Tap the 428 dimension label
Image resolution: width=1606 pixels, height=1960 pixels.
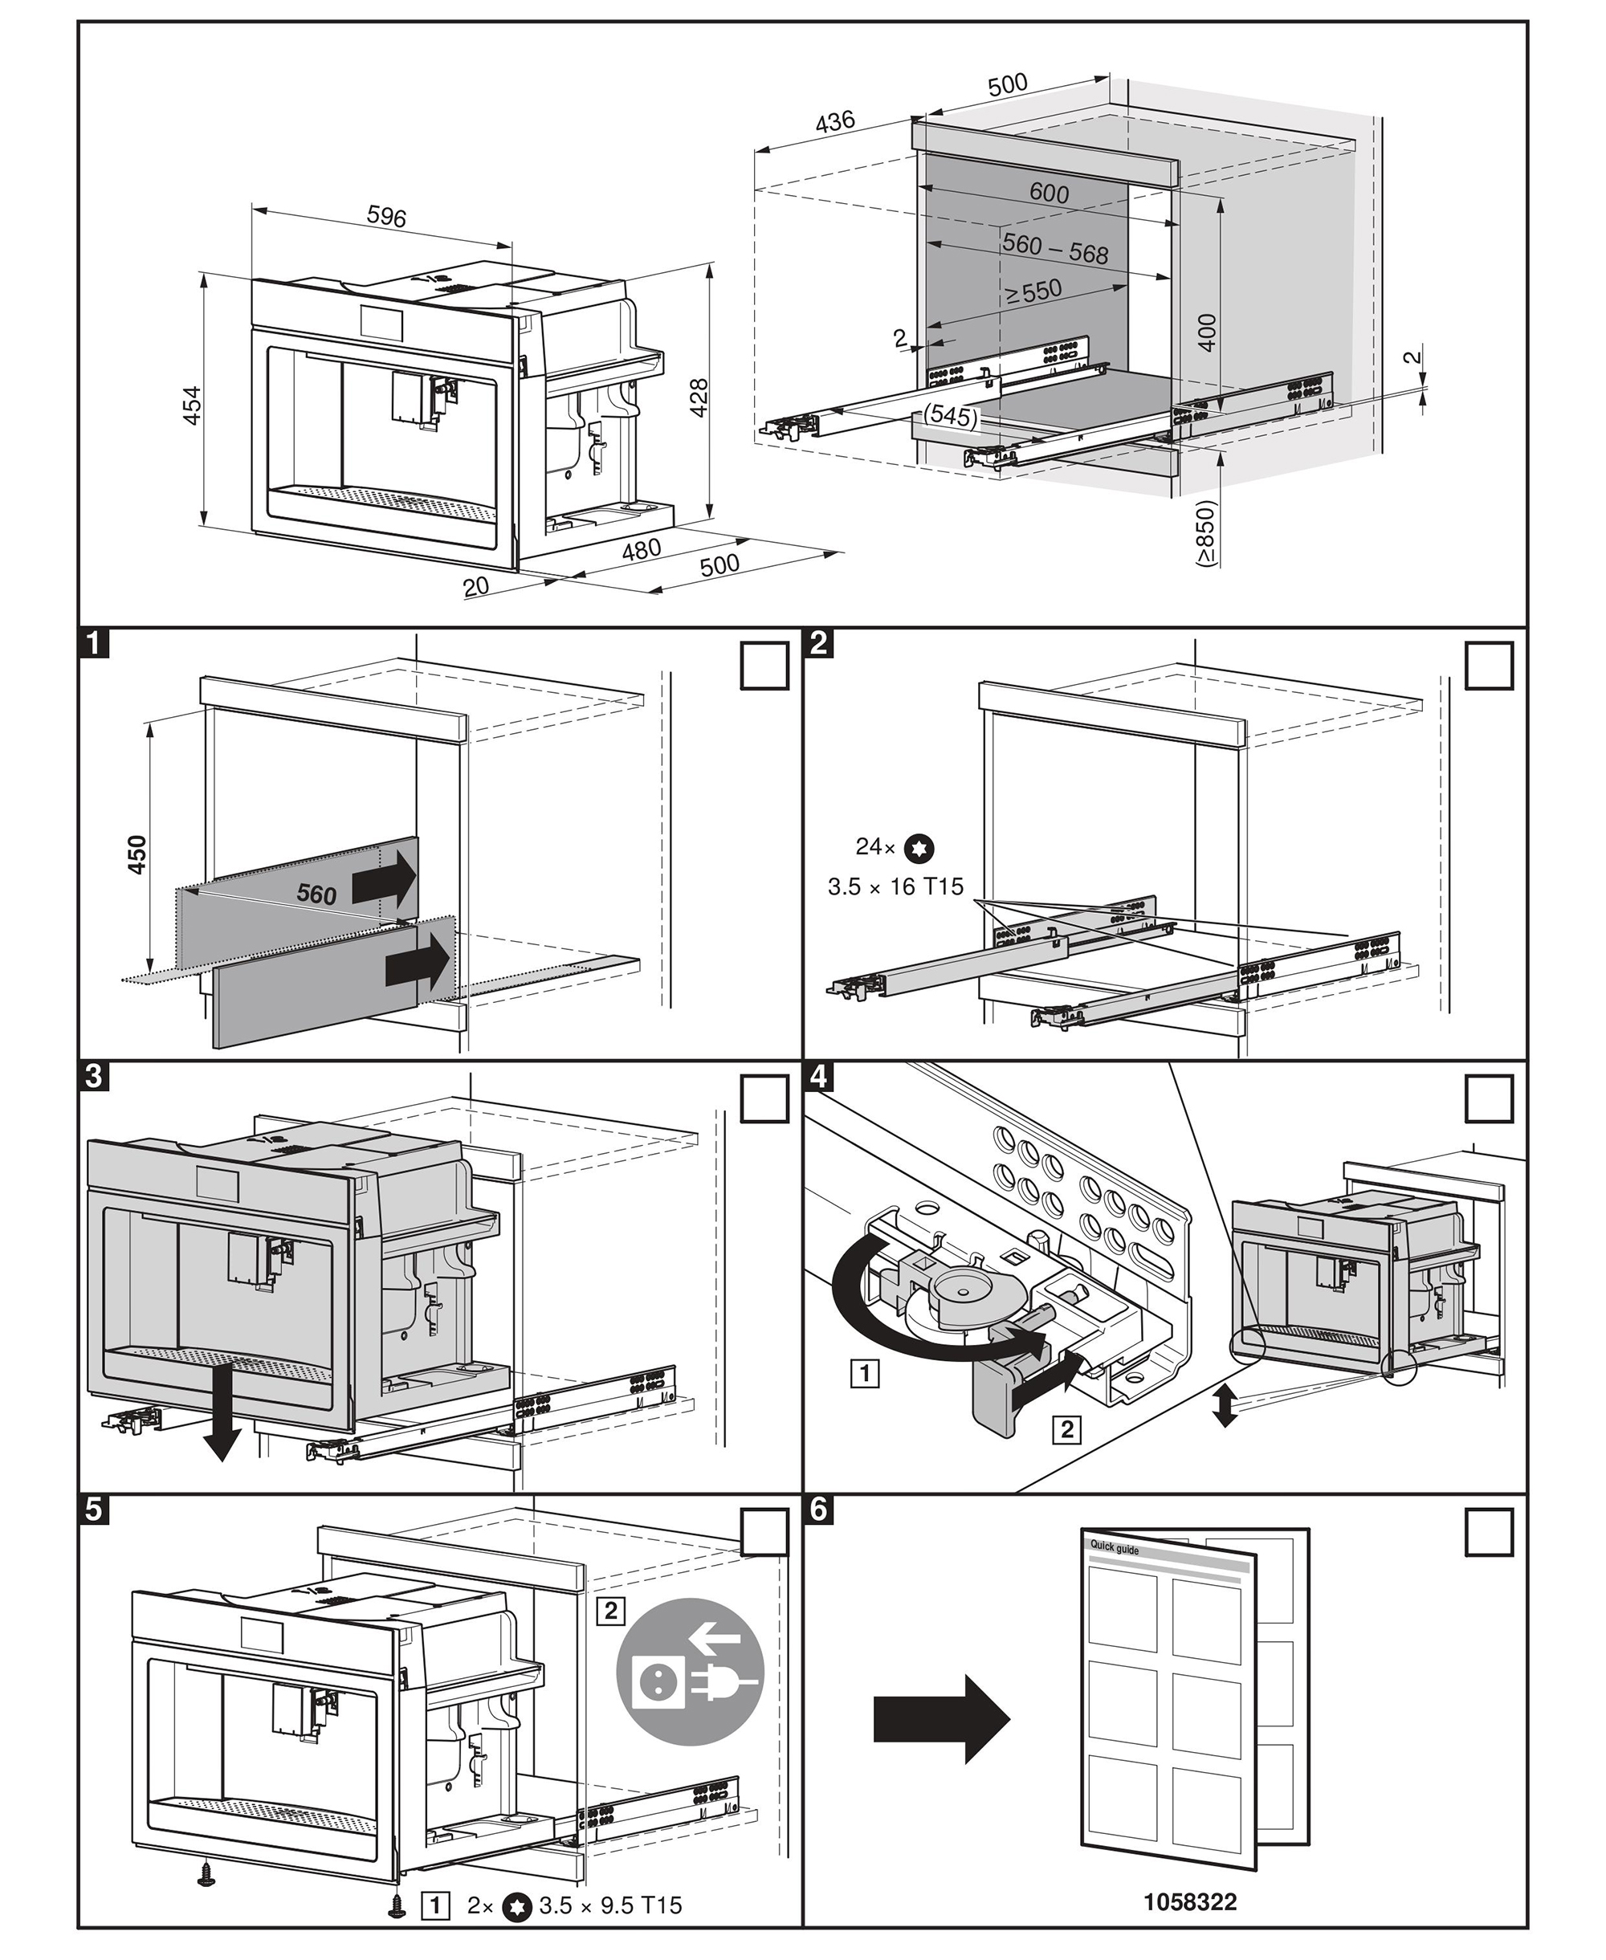699,397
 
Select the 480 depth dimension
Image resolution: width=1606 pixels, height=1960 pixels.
640,549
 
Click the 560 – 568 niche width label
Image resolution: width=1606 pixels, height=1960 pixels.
1056,248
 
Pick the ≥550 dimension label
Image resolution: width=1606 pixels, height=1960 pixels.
1033,292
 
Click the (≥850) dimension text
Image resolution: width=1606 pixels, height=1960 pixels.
1205,533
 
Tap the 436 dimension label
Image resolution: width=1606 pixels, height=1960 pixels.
834,122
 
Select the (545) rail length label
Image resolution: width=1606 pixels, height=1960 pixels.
951,416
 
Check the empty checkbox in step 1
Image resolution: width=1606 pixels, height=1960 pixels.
764,666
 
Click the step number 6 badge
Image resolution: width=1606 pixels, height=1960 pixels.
820,1509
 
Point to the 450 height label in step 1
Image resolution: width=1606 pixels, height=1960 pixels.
137,854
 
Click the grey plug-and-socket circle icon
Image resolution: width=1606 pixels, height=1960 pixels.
690,1672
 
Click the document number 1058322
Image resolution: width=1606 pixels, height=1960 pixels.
1190,1903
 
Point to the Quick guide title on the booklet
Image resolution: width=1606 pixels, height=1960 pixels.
1114,1547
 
